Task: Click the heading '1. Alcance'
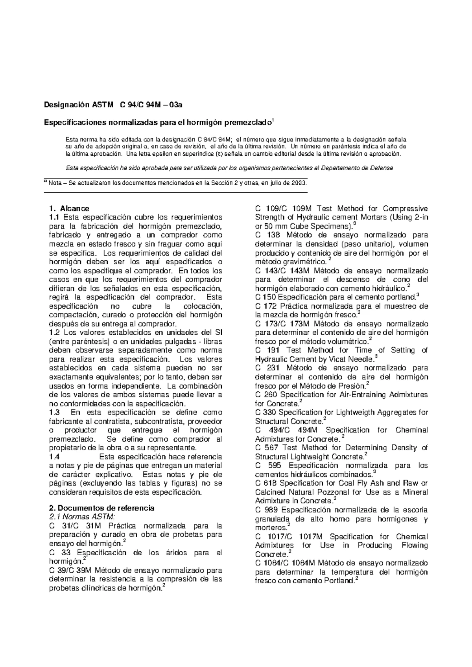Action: (x=69, y=208)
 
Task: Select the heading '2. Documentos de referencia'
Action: (x=101, y=508)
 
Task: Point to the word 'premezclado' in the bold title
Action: (x=247, y=122)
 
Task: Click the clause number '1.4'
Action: (x=54, y=457)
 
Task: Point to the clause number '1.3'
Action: (x=54, y=412)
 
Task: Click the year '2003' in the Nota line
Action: (x=298, y=183)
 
